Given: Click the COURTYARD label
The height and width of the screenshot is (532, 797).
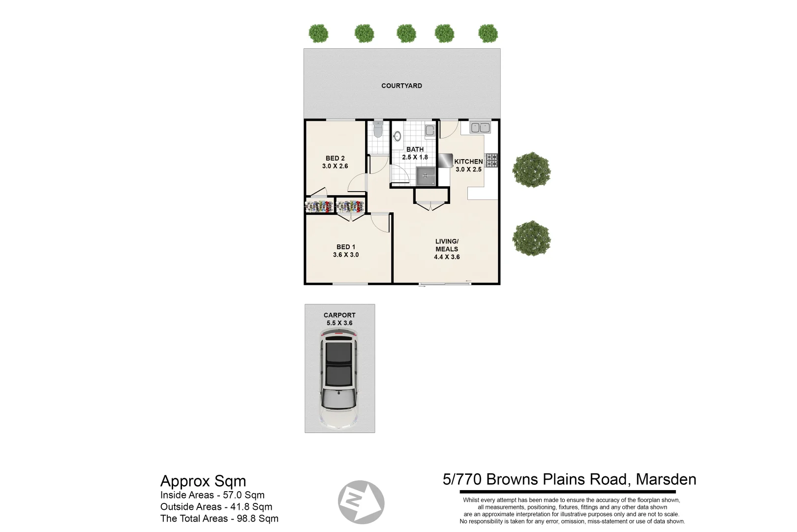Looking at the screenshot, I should pyautogui.click(x=401, y=86).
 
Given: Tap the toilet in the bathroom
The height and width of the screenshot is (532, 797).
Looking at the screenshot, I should pyautogui.click(x=378, y=130).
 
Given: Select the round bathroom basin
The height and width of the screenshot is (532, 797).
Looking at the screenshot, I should pyautogui.click(x=397, y=136).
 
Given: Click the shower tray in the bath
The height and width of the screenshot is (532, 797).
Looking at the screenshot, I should pyautogui.click(x=426, y=176).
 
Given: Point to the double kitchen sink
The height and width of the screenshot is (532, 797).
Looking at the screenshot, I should pyautogui.click(x=480, y=128).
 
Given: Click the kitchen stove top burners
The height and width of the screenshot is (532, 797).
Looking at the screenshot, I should pyautogui.click(x=491, y=160).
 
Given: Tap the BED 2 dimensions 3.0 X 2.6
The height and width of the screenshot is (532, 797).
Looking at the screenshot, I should pyautogui.click(x=335, y=166).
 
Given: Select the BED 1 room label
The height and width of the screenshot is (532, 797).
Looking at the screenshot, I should pyautogui.click(x=345, y=247).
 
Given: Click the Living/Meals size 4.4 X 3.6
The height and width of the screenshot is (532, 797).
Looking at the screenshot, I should pyautogui.click(x=447, y=257).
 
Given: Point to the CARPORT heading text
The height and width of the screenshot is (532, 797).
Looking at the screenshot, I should pyautogui.click(x=339, y=315).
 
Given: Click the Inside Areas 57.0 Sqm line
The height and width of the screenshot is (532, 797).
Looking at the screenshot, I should pyautogui.click(x=213, y=495).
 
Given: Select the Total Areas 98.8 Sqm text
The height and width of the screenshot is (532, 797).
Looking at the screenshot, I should pyautogui.click(x=219, y=518).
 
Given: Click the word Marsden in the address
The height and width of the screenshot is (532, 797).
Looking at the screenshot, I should pyautogui.click(x=666, y=479).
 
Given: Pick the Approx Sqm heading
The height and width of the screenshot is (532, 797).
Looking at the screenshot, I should pyautogui.click(x=203, y=481).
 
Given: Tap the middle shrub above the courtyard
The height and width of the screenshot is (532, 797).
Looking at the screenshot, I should pyautogui.click(x=406, y=33).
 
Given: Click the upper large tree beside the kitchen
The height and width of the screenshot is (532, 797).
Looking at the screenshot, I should pyautogui.click(x=531, y=170).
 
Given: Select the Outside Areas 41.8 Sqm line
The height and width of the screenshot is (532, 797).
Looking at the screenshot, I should pyautogui.click(x=216, y=506).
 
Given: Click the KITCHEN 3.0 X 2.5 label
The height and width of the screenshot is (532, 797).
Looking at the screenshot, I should pyautogui.click(x=468, y=165).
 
